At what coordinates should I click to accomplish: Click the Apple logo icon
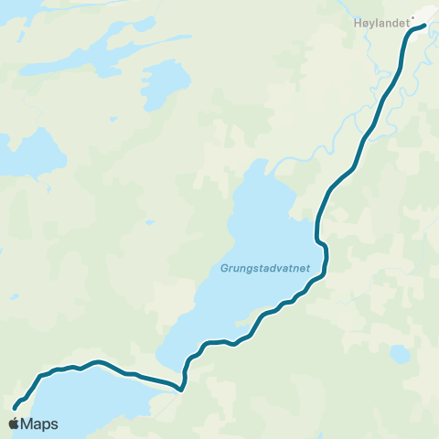15,423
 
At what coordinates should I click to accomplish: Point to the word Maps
39,423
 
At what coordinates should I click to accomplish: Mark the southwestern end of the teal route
15,407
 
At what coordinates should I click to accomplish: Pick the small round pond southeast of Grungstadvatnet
399,353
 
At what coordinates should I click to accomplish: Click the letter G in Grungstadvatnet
223,268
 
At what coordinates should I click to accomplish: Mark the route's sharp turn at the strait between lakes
182,390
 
